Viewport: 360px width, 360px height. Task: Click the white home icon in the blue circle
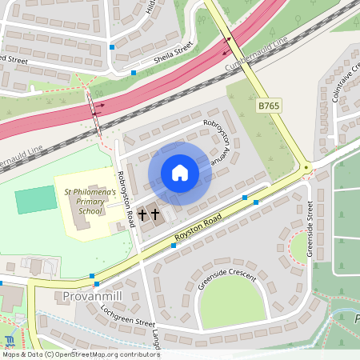[180, 173]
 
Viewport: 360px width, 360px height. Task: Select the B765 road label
[268, 106]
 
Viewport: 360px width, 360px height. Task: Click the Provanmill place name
[90, 298]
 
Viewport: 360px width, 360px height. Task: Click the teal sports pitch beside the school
[36, 200]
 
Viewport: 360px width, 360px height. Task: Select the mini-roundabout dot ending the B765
[306, 167]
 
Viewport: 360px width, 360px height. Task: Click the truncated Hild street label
[150, 7]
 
